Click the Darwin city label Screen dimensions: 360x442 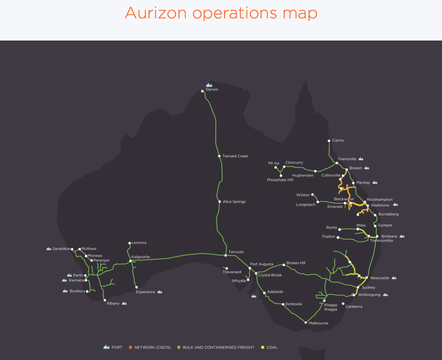[x=212, y=90]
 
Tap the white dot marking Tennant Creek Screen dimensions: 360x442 [x=219, y=156]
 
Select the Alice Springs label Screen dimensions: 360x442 [x=234, y=202]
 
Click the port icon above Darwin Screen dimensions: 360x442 [x=209, y=85]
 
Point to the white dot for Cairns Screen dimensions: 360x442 [x=329, y=141]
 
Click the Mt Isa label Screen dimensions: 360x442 [x=273, y=163]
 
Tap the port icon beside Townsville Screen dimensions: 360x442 [x=361, y=159]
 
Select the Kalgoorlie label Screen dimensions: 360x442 [x=141, y=257]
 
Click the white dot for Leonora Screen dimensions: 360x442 [x=129, y=243]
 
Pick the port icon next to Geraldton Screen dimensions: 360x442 [x=49, y=249]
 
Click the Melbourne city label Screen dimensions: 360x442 [x=318, y=323]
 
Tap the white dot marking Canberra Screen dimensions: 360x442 [x=343, y=303]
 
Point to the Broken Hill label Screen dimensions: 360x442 [x=296, y=263]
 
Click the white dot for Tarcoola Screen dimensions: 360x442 [x=225, y=255]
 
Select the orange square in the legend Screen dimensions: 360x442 [x=130, y=347]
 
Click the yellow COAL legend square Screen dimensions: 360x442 [x=263, y=347]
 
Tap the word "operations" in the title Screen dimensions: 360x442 [x=235, y=13]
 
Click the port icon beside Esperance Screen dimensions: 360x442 [x=160, y=292]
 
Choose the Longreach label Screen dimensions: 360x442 [x=305, y=205]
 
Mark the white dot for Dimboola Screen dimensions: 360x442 [x=283, y=304]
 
